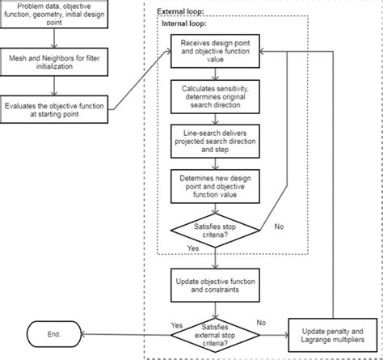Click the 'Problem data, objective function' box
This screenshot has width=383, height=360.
coord(54,18)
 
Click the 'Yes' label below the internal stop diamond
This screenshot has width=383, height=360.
coord(193,248)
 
